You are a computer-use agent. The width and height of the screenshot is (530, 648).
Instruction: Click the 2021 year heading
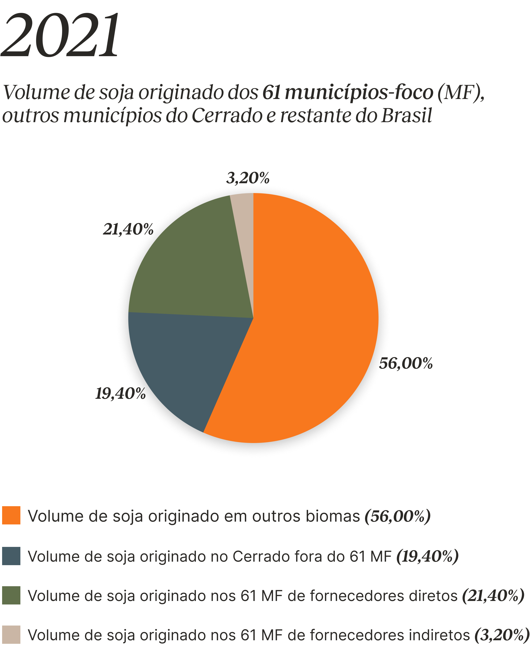coord(60,35)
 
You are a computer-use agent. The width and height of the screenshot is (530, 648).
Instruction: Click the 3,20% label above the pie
coord(248,178)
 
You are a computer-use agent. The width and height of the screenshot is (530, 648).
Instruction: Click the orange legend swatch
coord(11,515)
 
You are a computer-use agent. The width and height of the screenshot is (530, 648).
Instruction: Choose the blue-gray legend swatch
coord(11,556)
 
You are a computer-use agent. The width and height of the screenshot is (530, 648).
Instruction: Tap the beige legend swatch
coord(11,635)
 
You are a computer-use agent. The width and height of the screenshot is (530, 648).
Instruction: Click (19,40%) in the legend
coord(427,556)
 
